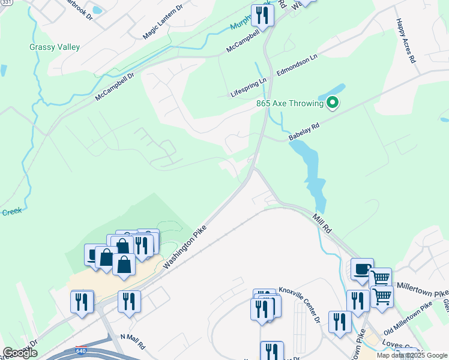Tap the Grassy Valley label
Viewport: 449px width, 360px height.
pyautogui.click(x=55, y=47)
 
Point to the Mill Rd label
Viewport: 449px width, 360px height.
pyautogui.click(x=322, y=222)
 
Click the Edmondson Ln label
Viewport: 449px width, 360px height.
pyautogui.click(x=297, y=65)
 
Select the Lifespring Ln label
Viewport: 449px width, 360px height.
pyautogui.click(x=249, y=88)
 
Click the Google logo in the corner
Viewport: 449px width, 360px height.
pyautogui.click(x=20, y=353)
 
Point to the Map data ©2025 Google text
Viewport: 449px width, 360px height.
pyautogui.click(x=412, y=355)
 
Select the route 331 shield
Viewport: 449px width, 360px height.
pyautogui.click(x=6, y=2)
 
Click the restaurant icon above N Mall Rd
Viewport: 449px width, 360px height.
pyautogui.click(x=129, y=301)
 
